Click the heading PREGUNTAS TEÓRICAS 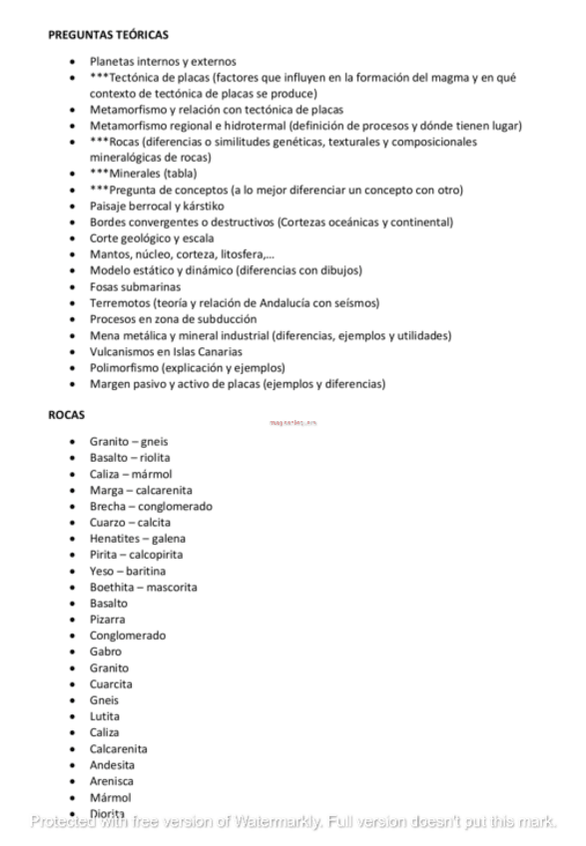pos(108,35)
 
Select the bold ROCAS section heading pos(66,415)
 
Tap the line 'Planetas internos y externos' pos(163,61)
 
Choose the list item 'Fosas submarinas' pos(135,286)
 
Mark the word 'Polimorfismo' pos(125,367)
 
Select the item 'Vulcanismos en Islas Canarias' pos(168,351)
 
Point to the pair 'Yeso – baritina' pos(128,571)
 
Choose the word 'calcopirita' pos(157,555)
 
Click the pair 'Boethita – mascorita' pos(143,587)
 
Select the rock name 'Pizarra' pos(108,620)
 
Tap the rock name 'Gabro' pos(105,651)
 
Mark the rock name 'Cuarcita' pos(111,684)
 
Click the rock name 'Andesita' pos(112,765)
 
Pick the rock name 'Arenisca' pos(111,781)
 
